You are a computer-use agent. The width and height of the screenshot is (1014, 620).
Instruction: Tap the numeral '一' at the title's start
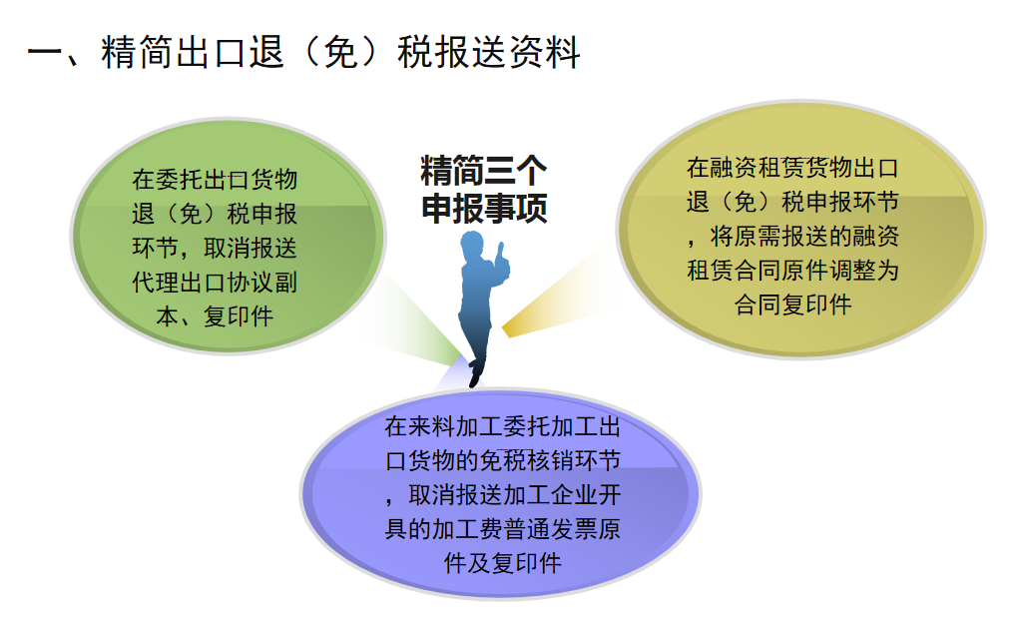click(x=45, y=53)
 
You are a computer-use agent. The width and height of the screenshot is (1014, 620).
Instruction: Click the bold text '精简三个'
click(x=484, y=170)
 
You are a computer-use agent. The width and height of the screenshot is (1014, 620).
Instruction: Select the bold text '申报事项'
click(x=484, y=208)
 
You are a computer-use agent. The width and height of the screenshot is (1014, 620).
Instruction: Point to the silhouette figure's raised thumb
click(x=500, y=256)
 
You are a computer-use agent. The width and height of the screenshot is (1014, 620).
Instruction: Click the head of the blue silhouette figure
click(x=472, y=246)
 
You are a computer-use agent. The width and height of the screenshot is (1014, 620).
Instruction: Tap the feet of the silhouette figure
click(x=476, y=374)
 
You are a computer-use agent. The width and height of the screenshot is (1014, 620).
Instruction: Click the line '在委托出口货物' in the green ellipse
click(x=215, y=180)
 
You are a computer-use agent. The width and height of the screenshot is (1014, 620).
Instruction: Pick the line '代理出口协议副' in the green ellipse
click(x=215, y=283)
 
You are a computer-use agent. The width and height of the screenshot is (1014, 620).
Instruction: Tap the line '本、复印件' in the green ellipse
click(x=215, y=316)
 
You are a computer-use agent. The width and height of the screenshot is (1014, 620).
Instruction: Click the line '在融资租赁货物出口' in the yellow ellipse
click(x=792, y=168)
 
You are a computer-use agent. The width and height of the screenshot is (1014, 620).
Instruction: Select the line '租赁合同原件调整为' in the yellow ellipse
click(x=792, y=270)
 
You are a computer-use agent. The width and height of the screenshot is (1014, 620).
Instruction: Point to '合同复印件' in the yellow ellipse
click(x=792, y=305)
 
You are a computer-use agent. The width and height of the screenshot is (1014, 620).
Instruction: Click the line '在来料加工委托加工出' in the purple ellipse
click(x=502, y=426)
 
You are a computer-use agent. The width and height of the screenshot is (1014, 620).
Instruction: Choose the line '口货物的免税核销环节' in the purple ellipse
click(x=502, y=461)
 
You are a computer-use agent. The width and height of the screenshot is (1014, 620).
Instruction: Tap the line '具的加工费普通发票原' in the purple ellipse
click(x=502, y=529)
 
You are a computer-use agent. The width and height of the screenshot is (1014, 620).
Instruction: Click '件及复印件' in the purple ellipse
click(x=502, y=564)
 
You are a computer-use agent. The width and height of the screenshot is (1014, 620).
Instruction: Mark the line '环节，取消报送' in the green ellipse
click(x=215, y=248)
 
